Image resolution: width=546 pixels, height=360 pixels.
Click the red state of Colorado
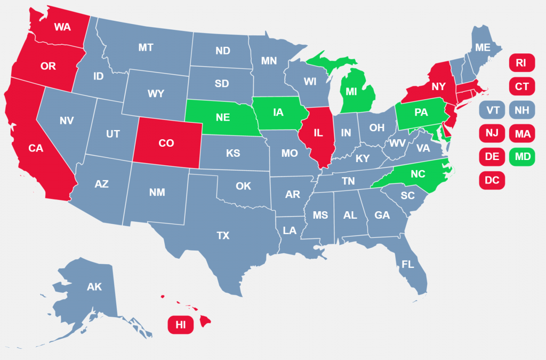167,143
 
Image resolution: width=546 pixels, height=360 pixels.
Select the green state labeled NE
223,117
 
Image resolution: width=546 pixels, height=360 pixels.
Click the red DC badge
491,180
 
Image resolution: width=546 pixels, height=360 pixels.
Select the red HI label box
180,325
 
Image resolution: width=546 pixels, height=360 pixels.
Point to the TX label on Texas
223,235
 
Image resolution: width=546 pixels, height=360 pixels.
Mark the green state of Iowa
278,113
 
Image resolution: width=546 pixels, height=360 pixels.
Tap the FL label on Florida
408,264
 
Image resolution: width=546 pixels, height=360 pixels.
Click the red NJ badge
491,133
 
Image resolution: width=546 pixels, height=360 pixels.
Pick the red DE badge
491,157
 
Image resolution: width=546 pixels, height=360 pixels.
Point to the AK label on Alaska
94,287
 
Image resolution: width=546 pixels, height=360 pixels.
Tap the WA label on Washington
62,27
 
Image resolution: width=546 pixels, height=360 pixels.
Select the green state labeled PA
421,113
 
